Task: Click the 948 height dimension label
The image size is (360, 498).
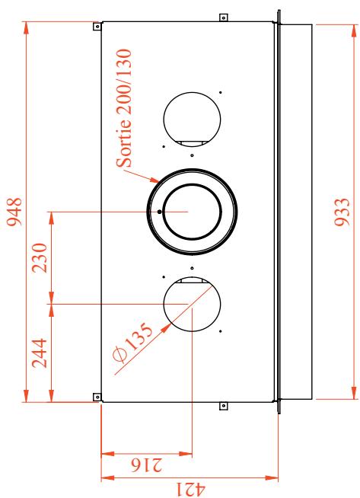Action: (x=14, y=212)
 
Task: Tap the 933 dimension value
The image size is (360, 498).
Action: (x=342, y=212)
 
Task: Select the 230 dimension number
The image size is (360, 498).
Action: (x=40, y=258)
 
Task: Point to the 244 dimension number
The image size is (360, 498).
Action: (x=40, y=353)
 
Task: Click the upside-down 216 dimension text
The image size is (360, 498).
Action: (x=146, y=464)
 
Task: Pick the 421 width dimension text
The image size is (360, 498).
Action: (x=190, y=490)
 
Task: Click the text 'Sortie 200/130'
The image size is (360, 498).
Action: (x=124, y=108)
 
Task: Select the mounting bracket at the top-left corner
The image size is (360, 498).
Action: (x=97, y=26)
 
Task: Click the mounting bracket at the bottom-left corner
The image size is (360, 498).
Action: (x=97, y=397)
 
